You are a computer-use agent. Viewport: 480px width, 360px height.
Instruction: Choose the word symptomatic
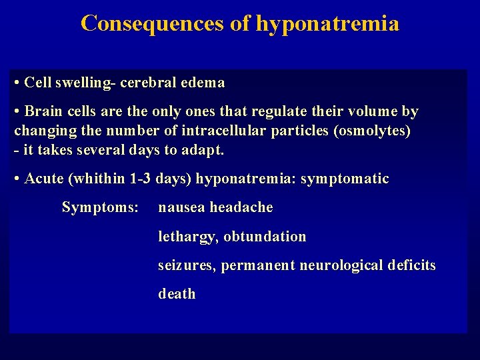[345, 179]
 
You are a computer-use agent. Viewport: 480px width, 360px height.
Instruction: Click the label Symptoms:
[100, 207]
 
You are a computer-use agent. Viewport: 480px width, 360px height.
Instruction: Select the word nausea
[181, 207]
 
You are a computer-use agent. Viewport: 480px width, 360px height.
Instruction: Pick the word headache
[241, 207]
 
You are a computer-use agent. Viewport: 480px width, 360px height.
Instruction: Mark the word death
[177, 294]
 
